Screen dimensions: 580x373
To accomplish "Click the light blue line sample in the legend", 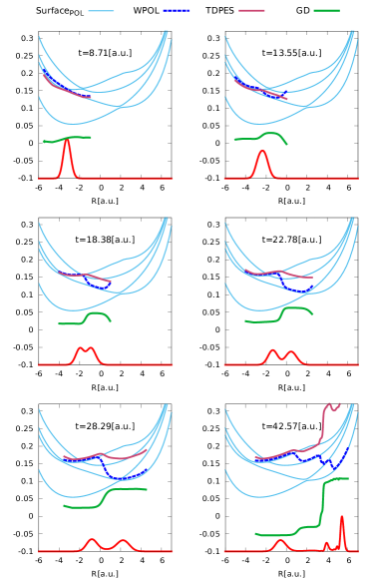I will [x=101, y=11].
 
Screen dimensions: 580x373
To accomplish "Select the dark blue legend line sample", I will [x=177, y=11].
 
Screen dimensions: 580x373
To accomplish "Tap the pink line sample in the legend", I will [x=251, y=11].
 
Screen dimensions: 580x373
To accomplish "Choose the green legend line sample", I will [x=326, y=11].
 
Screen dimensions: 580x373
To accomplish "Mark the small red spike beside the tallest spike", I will [x=326, y=544].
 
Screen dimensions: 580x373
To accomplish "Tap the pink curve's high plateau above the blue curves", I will [x=332, y=406].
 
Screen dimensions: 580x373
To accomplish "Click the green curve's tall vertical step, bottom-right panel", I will [x=322, y=504].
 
